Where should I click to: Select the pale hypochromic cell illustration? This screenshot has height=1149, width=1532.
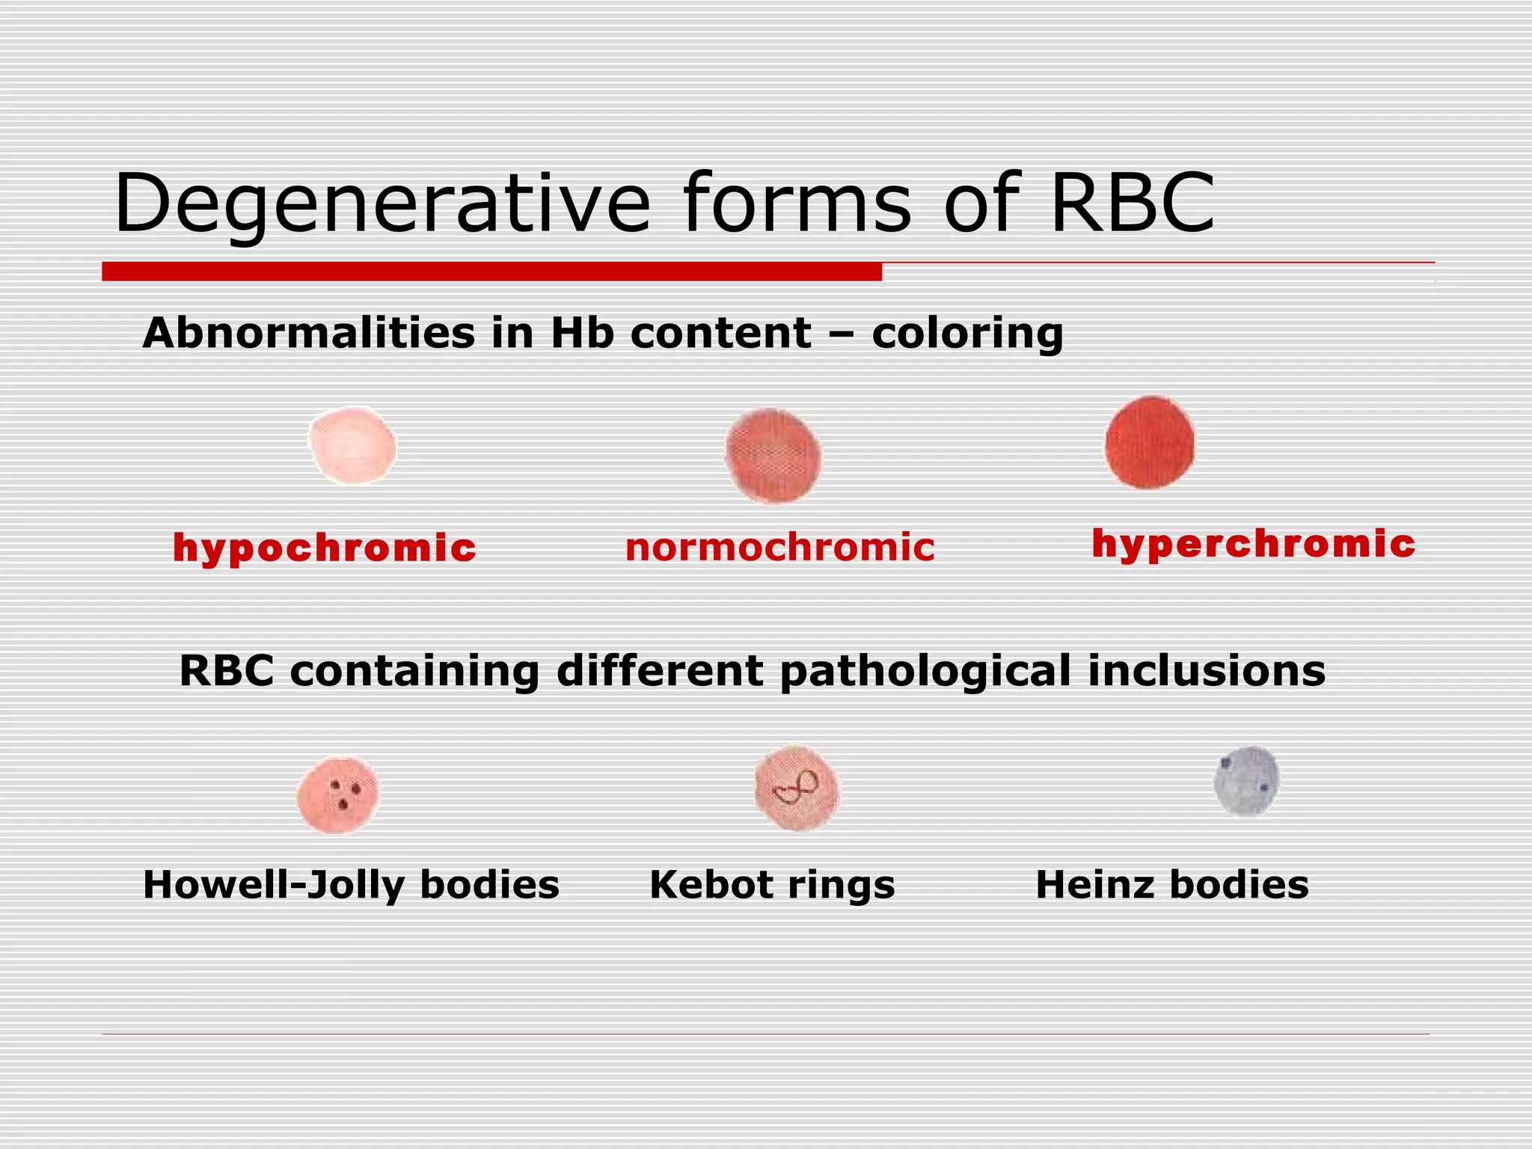click(352, 446)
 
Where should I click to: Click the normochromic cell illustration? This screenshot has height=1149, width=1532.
click(773, 456)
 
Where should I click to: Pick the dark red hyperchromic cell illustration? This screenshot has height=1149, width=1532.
click(1150, 443)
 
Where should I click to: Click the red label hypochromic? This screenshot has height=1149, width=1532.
click(324, 548)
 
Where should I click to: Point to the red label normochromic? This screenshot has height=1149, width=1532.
click(779, 547)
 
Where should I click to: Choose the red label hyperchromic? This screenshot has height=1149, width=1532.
click(1253, 543)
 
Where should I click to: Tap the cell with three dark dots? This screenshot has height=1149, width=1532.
click(338, 795)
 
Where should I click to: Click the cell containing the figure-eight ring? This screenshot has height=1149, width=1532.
click(797, 788)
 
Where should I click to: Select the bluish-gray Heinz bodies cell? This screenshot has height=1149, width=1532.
click(1246, 781)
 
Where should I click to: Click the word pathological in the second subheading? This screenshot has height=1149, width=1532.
click(925, 671)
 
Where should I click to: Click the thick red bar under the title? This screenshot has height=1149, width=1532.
click(491, 272)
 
